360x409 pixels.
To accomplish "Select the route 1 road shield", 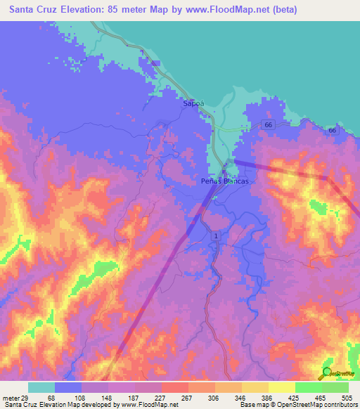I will pyautogui.click(x=216, y=235).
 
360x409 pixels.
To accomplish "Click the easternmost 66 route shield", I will pyautogui.click(x=331, y=131).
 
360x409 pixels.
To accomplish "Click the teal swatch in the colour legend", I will pyautogui.click(x=41, y=388).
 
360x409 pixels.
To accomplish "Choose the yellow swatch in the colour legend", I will pyautogui.click(x=281, y=388).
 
